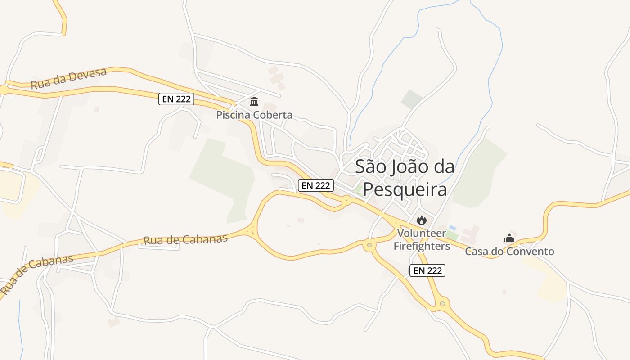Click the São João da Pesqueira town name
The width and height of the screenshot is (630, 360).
(x=405, y=178)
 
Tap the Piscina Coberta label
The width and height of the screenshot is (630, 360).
(x=254, y=115)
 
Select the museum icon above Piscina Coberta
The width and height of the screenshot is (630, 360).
(x=254, y=101)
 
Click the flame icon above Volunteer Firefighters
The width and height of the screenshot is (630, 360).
(x=421, y=220)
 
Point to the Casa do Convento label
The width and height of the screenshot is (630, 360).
(x=509, y=252)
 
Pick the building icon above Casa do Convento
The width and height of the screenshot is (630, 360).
(x=509, y=238)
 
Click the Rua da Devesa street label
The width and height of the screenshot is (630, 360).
(x=68, y=78)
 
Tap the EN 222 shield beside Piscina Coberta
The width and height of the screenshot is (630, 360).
(x=176, y=99)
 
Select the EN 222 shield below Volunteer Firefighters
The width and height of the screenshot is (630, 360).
(x=427, y=270)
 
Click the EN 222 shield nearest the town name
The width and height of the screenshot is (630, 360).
(x=316, y=185)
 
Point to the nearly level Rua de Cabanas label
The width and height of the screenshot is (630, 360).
(x=185, y=239)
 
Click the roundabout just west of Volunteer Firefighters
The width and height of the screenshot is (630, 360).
(x=369, y=245)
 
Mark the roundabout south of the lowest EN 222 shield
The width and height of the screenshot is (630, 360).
(x=442, y=304)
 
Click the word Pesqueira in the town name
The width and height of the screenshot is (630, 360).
(x=405, y=189)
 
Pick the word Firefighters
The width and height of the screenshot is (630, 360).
(x=422, y=246)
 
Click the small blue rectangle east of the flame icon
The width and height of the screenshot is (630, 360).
(x=452, y=228)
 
